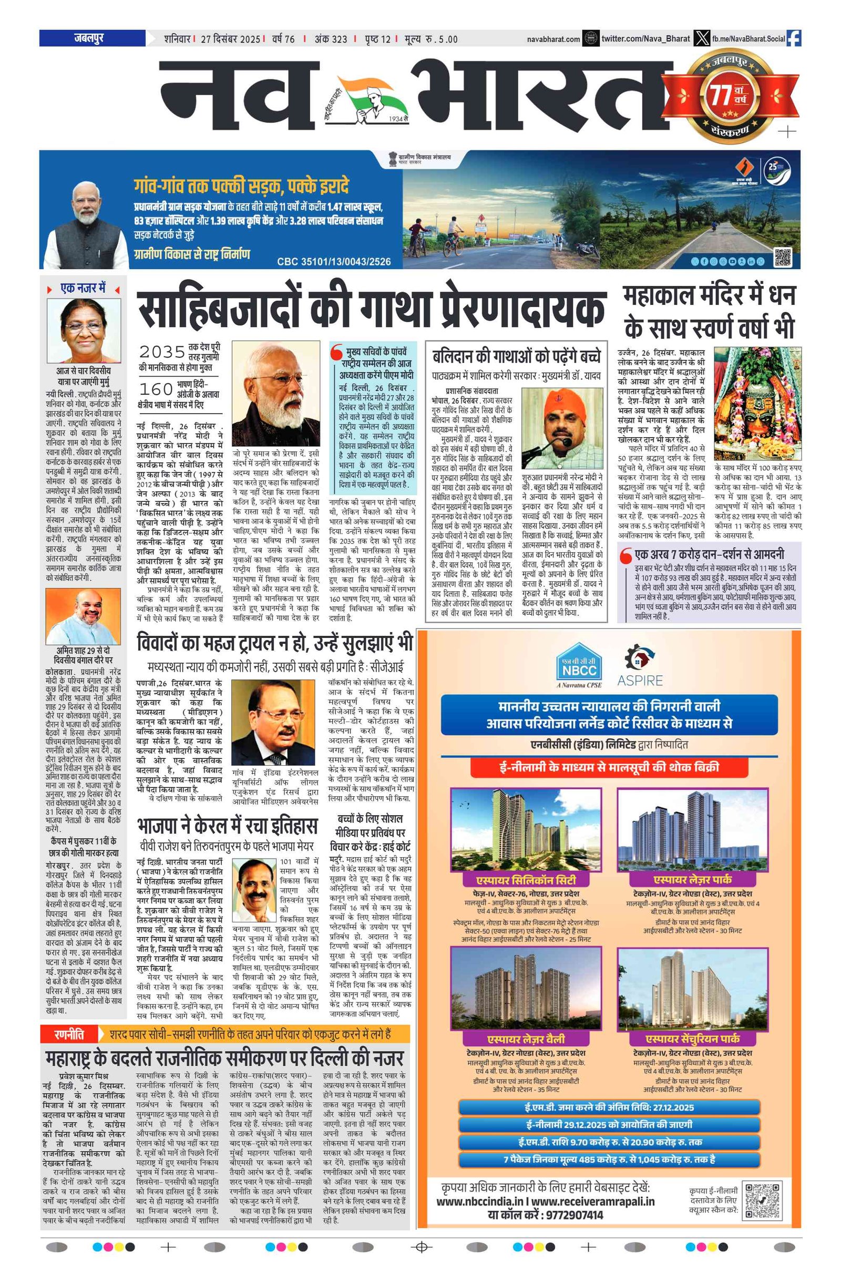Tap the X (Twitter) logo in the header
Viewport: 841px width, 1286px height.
[702, 38]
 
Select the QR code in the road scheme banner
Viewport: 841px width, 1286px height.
[783, 256]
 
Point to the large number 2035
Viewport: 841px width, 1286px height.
[162, 352]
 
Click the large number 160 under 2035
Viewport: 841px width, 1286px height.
[156, 389]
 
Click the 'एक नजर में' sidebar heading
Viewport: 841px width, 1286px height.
[83, 289]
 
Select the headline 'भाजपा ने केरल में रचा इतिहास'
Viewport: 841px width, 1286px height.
[227, 827]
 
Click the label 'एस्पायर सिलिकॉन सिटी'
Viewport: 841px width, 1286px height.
[525, 880]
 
